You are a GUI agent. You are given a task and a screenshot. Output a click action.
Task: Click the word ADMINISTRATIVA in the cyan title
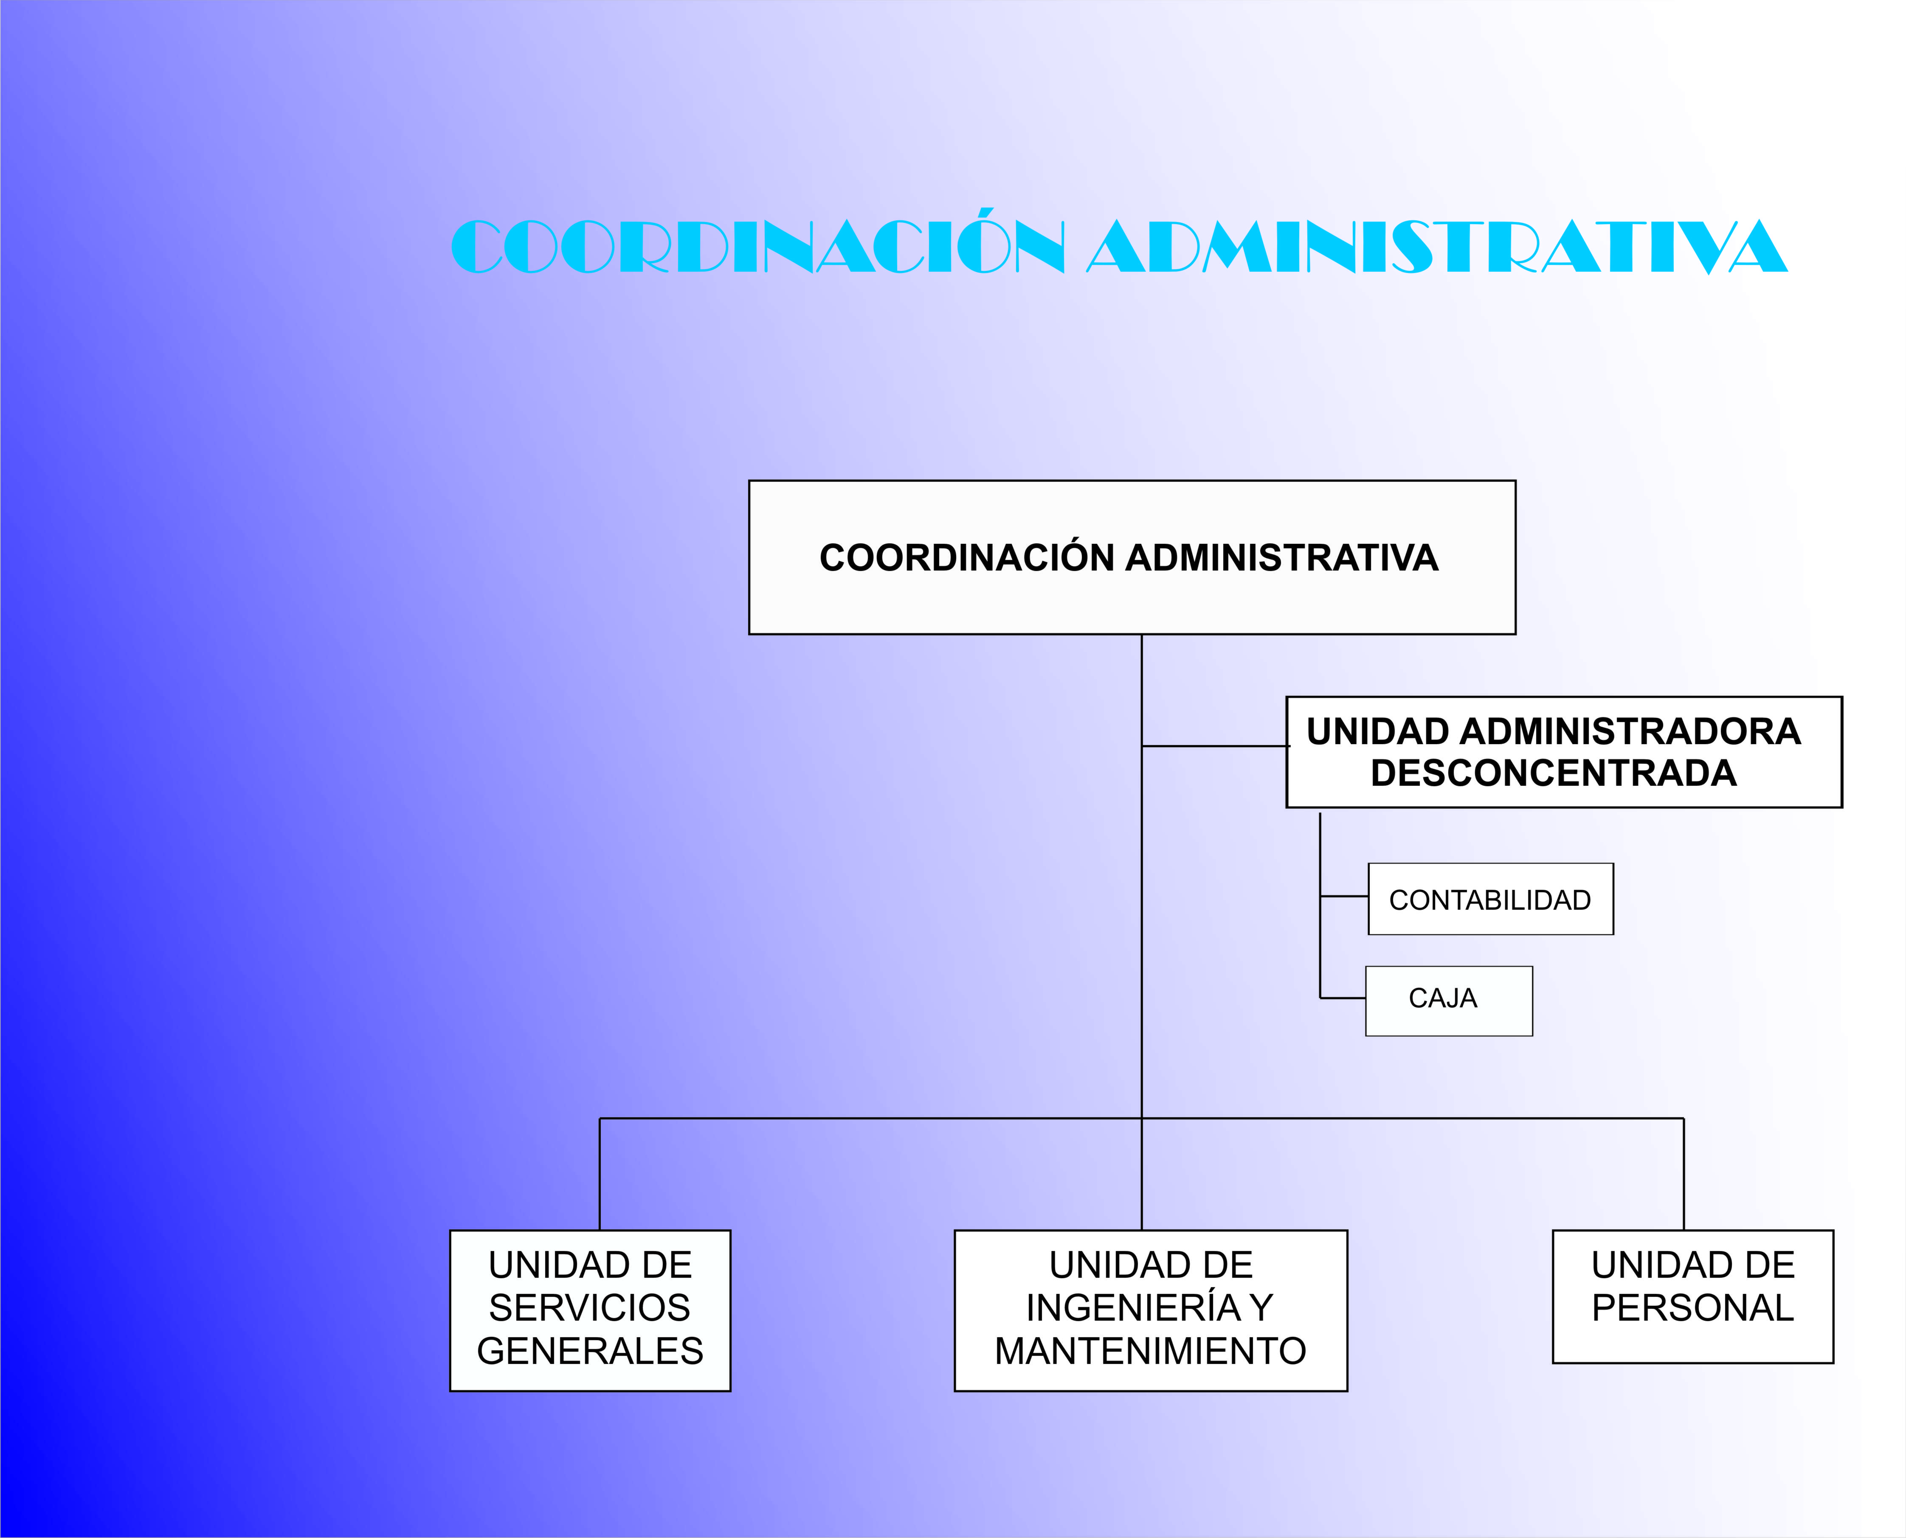point(1437,246)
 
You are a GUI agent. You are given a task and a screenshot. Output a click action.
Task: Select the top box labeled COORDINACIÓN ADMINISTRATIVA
point(1132,557)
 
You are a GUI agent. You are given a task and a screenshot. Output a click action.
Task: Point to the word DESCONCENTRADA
point(1553,773)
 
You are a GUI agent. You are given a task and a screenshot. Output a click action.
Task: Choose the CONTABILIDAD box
point(1490,899)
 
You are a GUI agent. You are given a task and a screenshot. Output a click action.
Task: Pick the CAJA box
point(1449,1001)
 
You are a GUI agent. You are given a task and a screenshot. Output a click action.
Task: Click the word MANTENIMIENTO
point(1150,1351)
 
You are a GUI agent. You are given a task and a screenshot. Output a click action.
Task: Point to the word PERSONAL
point(1692,1307)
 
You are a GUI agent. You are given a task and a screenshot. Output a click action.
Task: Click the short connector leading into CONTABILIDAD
point(1344,897)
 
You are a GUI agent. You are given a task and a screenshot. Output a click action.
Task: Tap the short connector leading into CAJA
point(1343,998)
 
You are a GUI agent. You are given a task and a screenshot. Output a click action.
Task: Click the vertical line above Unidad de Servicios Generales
point(600,1174)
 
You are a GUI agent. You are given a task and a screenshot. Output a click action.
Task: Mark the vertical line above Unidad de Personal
point(1684,1174)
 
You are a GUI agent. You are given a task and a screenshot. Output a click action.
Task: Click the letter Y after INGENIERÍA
point(1262,1307)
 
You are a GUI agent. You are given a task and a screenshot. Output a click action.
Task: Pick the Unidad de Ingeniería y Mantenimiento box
point(1150,1310)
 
